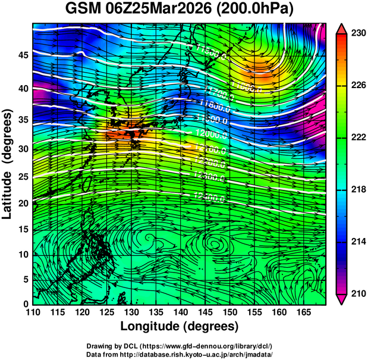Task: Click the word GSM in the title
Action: tap(81, 10)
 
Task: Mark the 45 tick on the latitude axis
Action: tap(23, 55)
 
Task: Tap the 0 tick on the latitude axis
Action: tap(26, 304)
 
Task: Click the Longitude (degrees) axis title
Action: tap(180, 326)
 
